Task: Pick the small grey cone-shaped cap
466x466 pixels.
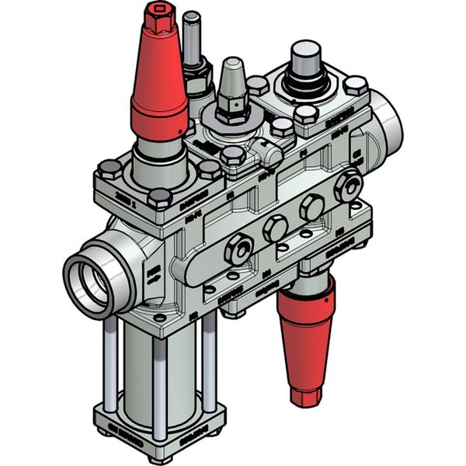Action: point(231,81)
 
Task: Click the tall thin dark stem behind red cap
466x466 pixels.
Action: point(191,39)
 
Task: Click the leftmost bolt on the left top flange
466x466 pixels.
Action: point(107,170)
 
